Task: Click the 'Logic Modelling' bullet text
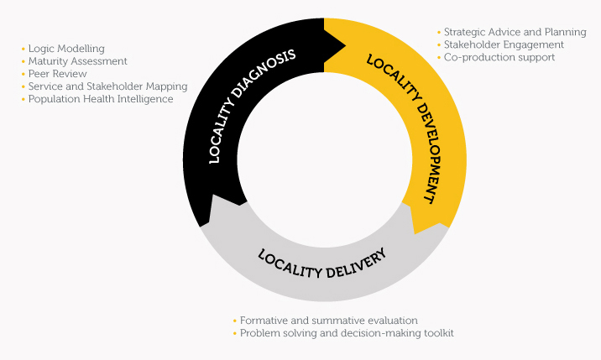pos(66,49)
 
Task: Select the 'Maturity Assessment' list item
pos(78,61)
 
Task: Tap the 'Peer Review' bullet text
pos(57,74)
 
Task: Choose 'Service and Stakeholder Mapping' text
pos(107,86)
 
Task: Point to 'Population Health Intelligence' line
pos(101,99)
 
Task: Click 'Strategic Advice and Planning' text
pos(515,32)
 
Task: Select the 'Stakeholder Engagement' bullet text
pos(504,44)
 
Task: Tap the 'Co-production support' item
pos(499,58)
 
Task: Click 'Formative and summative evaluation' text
pos(328,321)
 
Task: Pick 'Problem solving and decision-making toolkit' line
pos(347,333)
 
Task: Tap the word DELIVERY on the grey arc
pos(357,264)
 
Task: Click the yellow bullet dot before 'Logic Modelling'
pos(24,49)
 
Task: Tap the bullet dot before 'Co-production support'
pos(439,58)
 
